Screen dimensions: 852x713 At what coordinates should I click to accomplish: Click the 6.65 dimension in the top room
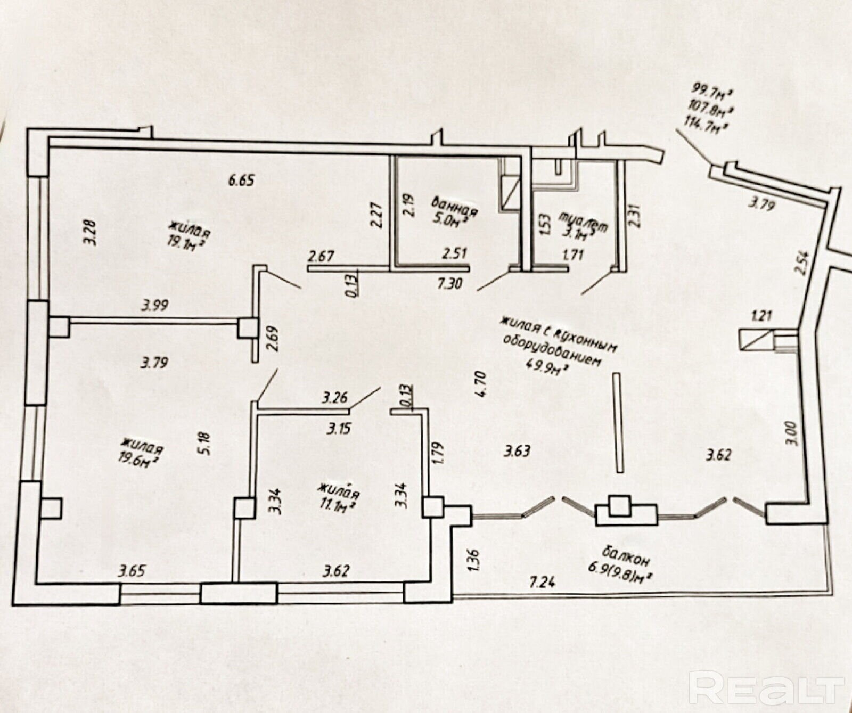(241, 180)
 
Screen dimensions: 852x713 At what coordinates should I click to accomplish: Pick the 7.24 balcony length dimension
(542, 581)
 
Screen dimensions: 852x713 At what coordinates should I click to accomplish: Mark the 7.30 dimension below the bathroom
(449, 284)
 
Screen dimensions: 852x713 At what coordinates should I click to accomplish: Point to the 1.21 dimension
(761, 316)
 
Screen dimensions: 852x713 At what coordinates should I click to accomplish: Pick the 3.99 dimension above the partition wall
(154, 305)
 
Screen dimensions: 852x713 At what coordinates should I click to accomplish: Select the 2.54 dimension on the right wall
(804, 263)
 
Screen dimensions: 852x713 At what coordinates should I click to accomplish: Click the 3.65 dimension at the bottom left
(132, 572)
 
